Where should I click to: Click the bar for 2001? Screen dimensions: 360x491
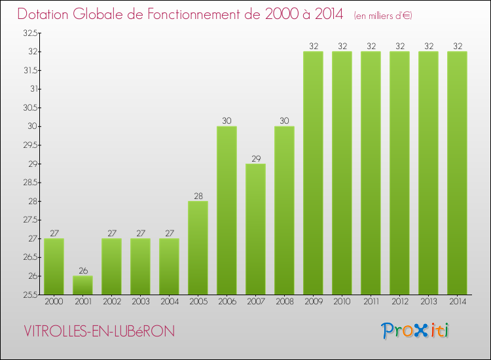(82, 285)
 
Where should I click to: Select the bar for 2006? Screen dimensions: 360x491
(227, 210)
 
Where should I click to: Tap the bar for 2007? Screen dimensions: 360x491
(255, 228)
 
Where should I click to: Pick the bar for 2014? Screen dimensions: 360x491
(457, 173)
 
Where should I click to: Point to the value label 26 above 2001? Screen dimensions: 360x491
(82, 270)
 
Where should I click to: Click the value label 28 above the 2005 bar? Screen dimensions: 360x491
(198, 196)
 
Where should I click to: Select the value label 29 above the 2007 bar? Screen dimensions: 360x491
(255, 158)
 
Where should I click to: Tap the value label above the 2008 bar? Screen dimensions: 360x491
(284, 121)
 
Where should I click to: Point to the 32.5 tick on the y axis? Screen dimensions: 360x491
(29, 33)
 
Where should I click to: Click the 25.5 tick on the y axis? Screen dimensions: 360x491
(29, 295)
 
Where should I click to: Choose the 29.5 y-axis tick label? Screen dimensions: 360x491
(29, 145)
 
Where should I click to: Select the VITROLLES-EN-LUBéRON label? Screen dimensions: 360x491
(99, 331)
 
